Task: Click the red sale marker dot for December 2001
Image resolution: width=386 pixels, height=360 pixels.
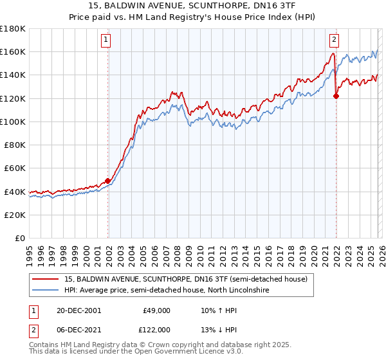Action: pyautogui.click(x=108, y=181)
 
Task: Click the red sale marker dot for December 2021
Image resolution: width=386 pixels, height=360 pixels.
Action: pyautogui.click(x=336, y=96)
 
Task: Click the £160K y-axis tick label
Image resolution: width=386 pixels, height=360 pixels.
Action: pyautogui.click(x=13, y=51)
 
